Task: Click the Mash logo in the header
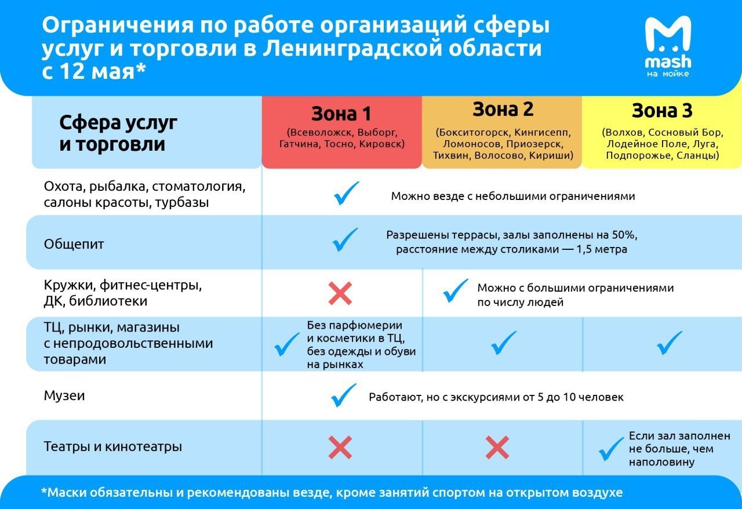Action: coord(668,46)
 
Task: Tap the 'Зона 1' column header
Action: coord(341,112)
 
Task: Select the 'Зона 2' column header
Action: coord(503,109)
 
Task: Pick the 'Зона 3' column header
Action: coord(662,110)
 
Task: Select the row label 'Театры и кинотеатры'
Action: coord(113,447)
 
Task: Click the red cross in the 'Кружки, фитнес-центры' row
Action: coord(340,293)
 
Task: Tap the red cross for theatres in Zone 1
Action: coord(340,448)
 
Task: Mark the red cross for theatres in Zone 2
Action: coord(497,448)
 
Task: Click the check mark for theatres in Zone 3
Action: coord(611,448)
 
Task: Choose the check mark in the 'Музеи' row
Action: coord(344,395)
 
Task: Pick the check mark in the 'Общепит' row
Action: coord(345,240)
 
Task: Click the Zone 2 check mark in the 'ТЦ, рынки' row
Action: coord(503,343)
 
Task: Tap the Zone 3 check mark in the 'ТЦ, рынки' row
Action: coord(670,343)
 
